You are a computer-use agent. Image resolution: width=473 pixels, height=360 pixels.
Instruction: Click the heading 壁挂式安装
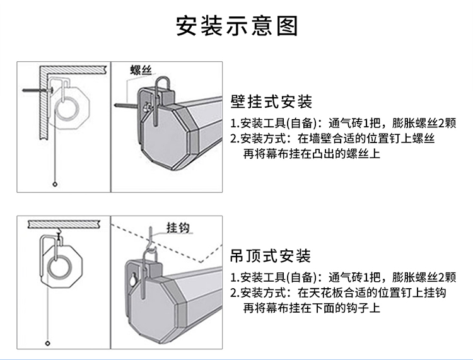[271, 102]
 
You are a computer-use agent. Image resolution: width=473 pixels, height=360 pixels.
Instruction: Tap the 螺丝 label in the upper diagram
[141, 69]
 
